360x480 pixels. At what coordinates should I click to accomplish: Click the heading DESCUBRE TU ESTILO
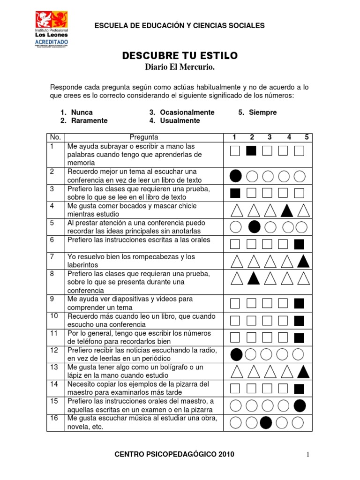180,56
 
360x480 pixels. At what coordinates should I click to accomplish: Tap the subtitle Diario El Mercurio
180,68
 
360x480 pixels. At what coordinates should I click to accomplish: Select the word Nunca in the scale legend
82,112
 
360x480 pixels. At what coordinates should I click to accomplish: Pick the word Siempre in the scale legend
263,112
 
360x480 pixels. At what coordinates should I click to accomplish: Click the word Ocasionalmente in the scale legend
187,112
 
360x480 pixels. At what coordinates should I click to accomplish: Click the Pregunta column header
144,137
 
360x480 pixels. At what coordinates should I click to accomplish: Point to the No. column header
55,137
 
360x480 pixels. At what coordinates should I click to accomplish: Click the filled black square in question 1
251,150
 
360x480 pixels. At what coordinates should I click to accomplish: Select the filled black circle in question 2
236,176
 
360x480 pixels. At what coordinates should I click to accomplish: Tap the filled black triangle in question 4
287,210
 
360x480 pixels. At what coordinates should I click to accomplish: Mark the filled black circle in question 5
254,227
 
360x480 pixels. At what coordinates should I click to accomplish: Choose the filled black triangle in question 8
253,278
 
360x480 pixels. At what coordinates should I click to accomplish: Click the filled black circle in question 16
266,422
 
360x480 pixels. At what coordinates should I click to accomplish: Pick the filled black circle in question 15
300,405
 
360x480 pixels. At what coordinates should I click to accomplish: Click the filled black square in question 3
235,193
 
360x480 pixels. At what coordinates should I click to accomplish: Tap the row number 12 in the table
54,350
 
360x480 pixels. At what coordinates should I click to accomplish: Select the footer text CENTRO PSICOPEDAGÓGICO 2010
174,454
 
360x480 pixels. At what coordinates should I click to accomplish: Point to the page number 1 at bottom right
308,454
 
